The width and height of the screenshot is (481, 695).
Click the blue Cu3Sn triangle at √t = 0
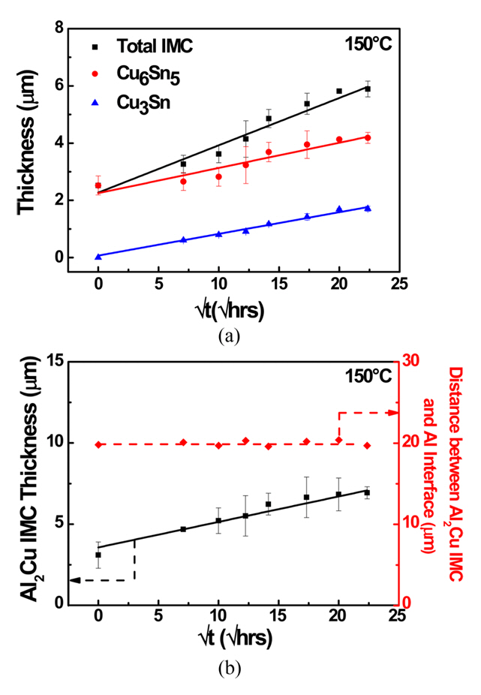coord(98,257)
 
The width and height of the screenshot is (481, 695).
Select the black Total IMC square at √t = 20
coord(339,91)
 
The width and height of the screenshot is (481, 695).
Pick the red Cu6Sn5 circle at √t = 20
coord(339,140)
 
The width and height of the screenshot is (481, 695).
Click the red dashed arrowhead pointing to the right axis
coord(391,412)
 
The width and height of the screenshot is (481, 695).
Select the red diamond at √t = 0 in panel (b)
coord(98,444)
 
